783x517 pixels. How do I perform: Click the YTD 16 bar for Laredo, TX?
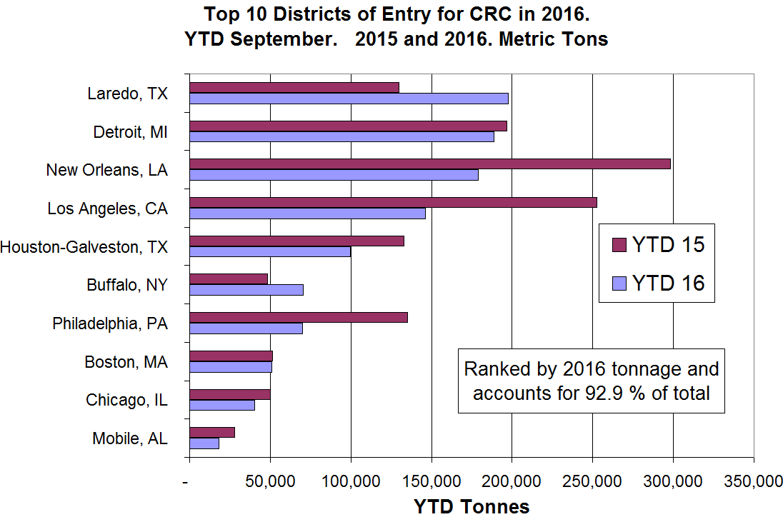[x=349, y=99]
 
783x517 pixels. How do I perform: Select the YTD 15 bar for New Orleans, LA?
[x=429, y=164]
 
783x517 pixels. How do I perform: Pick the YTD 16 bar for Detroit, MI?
[x=341, y=136]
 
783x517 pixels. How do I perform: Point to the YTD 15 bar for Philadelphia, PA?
[x=298, y=317]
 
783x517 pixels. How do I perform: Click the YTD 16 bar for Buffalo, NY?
[x=246, y=290]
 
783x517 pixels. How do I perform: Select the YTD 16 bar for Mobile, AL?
[x=204, y=443]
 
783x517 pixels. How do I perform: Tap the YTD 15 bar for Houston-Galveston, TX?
[x=296, y=241]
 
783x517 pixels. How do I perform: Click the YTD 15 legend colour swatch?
[x=619, y=245]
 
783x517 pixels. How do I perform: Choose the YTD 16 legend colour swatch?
[x=619, y=283]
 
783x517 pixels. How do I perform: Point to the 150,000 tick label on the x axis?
[x=431, y=482]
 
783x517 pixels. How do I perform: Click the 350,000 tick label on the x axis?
[x=754, y=482]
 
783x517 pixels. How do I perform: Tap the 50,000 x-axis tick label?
[x=270, y=482]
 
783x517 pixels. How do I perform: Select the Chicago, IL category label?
[x=126, y=400]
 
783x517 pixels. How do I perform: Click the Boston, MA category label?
[x=126, y=362]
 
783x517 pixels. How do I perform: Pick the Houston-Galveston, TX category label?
[x=84, y=247]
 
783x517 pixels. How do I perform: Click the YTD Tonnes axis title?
[x=472, y=506]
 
